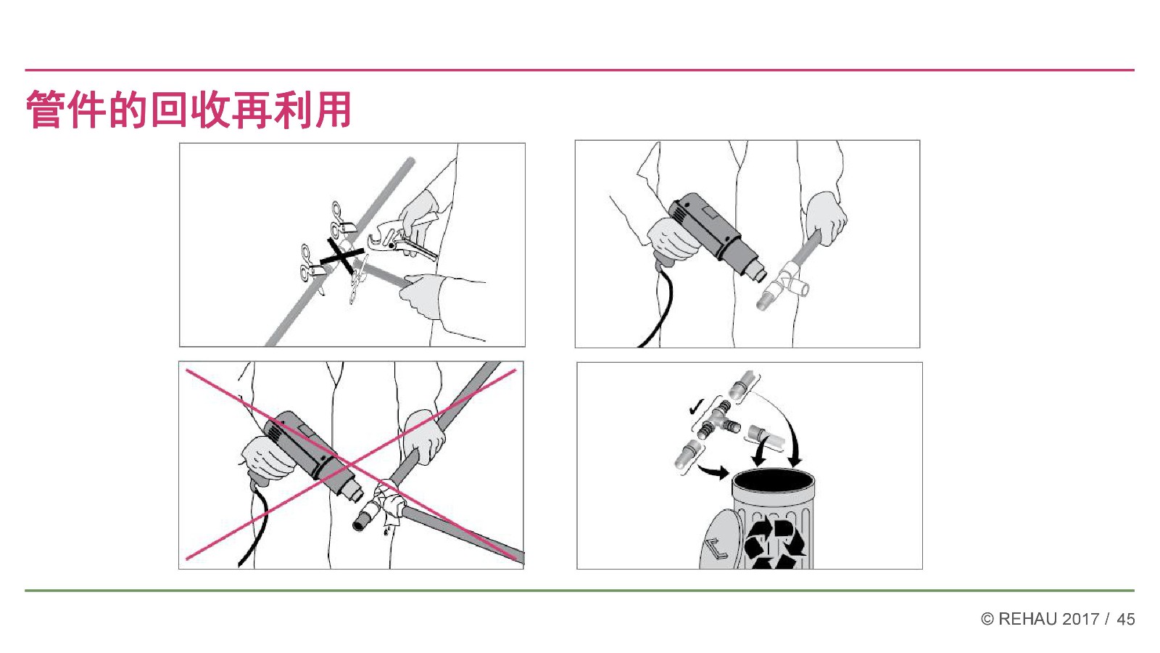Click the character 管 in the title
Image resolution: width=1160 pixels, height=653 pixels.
(x=46, y=110)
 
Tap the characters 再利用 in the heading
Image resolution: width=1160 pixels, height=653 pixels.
(x=292, y=110)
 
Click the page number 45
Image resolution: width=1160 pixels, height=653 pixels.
(x=1125, y=620)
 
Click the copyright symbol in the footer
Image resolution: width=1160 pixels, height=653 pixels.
(x=987, y=620)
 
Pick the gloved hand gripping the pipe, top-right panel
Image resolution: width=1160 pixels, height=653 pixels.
(x=826, y=218)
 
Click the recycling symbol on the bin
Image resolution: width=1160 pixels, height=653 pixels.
(x=774, y=544)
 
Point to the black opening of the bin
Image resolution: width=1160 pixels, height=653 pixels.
(x=773, y=480)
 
